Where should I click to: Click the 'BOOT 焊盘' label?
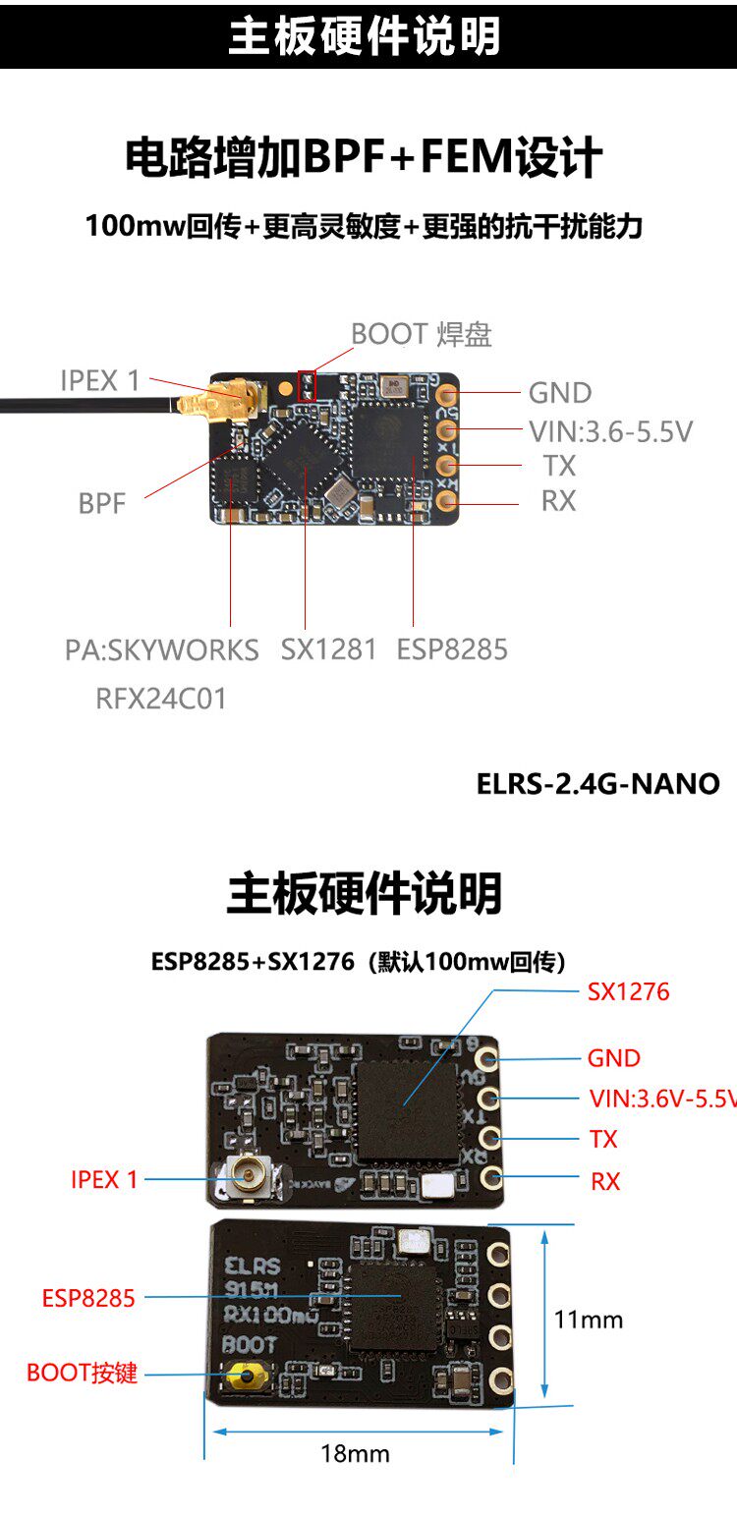coord(422,334)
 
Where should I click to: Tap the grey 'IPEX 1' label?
coord(100,380)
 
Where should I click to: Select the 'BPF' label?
coord(102,504)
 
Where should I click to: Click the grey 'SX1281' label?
coord(328,649)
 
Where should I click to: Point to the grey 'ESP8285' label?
coord(452,649)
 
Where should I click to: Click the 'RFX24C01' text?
coord(161,699)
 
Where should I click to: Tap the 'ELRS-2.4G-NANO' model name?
coord(597,784)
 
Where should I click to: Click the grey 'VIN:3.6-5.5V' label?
coord(610,430)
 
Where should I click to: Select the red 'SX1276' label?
coord(628,991)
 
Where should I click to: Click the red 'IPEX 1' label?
coord(104,1179)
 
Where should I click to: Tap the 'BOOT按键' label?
coord(83,1373)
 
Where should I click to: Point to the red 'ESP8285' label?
coord(87,1298)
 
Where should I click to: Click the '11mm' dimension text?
coord(589,1319)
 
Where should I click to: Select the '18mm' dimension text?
coord(355,1453)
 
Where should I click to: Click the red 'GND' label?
coord(613,1058)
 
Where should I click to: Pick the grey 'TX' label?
coord(558,466)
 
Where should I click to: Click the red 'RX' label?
coord(605,1181)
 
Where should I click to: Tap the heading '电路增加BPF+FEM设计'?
coord(364,157)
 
